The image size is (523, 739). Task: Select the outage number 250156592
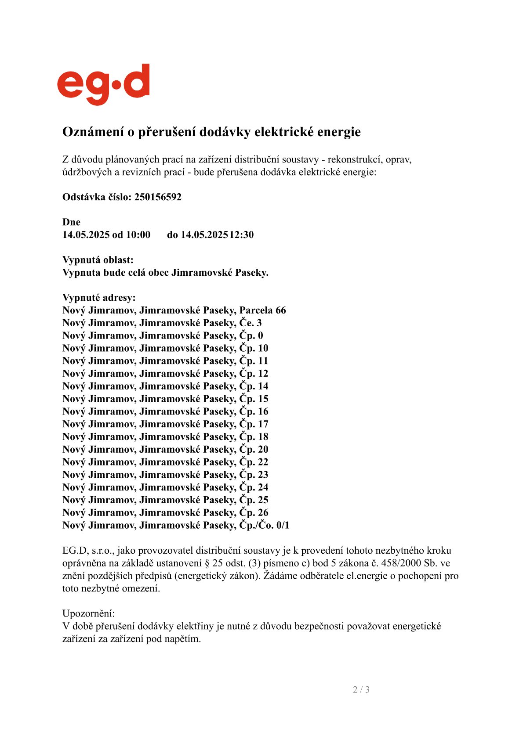pyautogui.click(x=158, y=197)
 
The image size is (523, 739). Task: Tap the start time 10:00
pyautogui.click(x=138, y=234)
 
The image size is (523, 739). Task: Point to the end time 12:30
pyautogui.click(x=241, y=234)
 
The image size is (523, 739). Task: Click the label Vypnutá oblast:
pyautogui.click(x=98, y=260)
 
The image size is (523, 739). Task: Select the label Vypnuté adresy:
pyautogui.click(x=99, y=298)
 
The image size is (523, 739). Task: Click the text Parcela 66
pyautogui.click(x=262, y=310)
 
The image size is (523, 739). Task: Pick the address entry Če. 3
pyautogui.click(x=251, y=323)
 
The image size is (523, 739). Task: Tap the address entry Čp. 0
pyautogui.click(x=251, y=336)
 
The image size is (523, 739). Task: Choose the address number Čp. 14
pyautogui.click(x=254, y=386)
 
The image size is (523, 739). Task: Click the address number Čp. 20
pyautogui.click(x=254, y=450)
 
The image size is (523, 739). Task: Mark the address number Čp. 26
pyautogui.click(x=254, y=513)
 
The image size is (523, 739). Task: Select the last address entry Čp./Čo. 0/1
pyautogui.click(x=264, y=526)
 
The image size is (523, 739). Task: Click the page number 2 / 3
pyautogui.click(x=361, y=690)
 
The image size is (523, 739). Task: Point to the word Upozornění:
pyautogui.click(x=88, y=613)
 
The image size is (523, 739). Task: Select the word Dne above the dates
pyautogui.click(x=71, y=222)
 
